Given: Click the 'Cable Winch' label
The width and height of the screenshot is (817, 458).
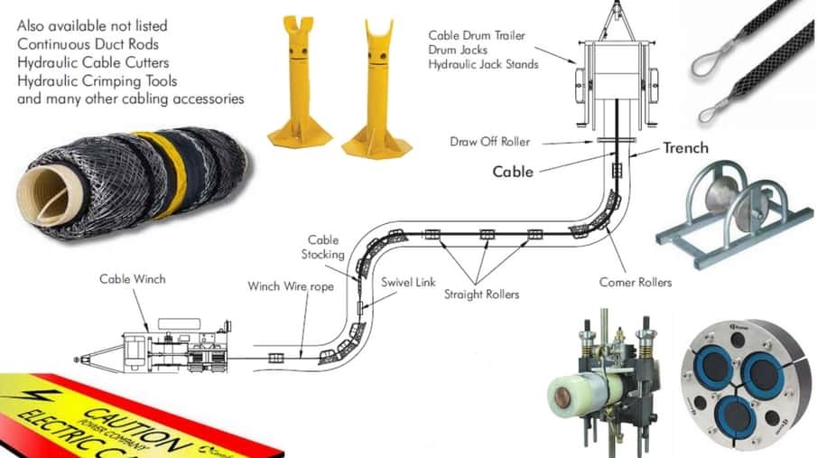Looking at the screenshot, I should (132, 279).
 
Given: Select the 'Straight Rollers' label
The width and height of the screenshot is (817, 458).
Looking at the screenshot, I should (481, 294).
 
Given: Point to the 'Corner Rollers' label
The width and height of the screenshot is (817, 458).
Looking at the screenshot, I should (636, 283).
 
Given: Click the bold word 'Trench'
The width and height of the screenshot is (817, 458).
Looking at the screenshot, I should (686, 147).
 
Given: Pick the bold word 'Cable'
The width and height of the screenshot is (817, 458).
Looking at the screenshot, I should (513, 171).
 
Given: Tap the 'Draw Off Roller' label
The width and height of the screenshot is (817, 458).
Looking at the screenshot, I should (490, 142).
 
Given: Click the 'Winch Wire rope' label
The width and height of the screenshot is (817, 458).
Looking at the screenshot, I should (291, 286).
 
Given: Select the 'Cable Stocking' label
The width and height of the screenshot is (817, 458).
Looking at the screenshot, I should (323, 248).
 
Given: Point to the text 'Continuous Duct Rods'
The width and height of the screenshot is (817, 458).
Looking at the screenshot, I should (88, 43).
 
